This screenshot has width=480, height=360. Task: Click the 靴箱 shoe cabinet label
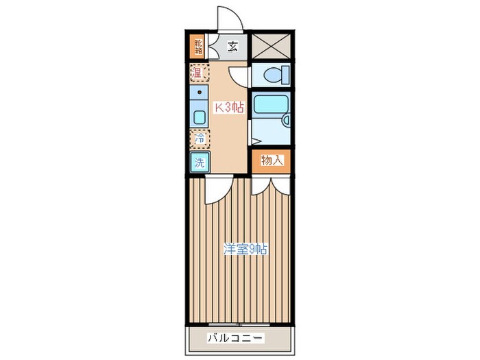point(197,47)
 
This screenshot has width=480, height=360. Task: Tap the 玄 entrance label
point(232,47)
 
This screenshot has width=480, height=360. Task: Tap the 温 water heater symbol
point(197,72)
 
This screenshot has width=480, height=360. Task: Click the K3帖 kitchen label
point(228,107)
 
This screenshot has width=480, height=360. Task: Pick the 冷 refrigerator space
point(199,139)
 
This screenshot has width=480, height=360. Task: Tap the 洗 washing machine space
point(199,163)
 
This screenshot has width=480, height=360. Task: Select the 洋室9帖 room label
point(245,250)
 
